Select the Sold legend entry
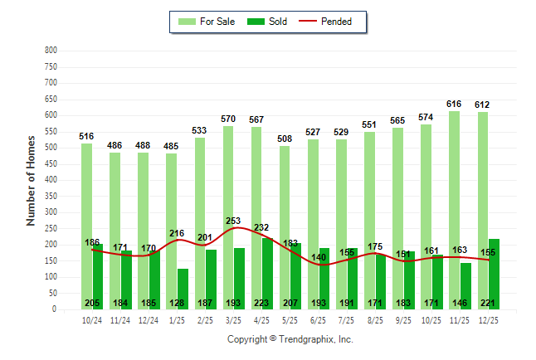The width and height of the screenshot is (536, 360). click(269, 22)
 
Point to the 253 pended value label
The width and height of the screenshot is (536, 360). click(233, 221)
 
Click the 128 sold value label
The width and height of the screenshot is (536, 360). click(183, 304)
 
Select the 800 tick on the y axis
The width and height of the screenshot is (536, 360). click(51, 51)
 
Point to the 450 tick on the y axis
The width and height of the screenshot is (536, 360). click(51, 164)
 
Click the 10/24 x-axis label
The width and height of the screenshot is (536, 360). click(92, 319)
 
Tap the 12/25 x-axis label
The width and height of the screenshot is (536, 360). click(488, 319)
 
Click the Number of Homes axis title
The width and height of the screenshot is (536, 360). click(32, 180)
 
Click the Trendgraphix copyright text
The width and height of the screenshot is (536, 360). click(290, 339)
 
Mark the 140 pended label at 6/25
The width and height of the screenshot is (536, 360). click(319, 257)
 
